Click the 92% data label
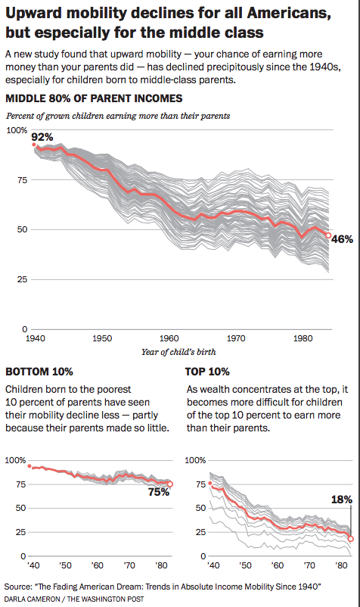point(42,137)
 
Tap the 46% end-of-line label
point(342,239)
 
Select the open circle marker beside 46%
point(328,235)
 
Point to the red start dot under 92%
point(33,145)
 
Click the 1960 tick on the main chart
point(169,338)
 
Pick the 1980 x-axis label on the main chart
point(303,338)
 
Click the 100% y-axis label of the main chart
point(17,130)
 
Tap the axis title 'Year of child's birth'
point(178,352)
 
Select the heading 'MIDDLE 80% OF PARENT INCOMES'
point(94,98)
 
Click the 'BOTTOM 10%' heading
point(39,372)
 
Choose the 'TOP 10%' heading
point(207,372)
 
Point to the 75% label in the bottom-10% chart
point(159,492)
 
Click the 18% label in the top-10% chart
point(342,500)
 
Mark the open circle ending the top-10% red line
point(351,539)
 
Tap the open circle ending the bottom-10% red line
point(170,484)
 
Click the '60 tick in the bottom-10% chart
point(97,565)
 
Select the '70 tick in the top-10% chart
point(309,565)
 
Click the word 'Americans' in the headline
point(288,14)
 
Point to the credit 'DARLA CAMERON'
point(32,599)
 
